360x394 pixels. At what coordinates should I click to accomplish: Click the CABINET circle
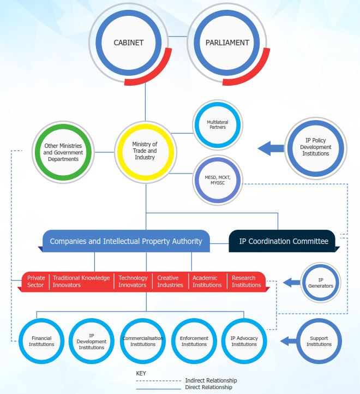pos(128,43)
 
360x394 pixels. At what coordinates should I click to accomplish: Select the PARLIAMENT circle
pos(227,43)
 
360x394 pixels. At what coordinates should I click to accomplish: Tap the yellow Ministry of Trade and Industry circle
pos(145,150)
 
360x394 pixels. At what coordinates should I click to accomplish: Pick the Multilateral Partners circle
pos(218,124)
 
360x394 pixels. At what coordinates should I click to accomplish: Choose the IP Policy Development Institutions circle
pos(316,147)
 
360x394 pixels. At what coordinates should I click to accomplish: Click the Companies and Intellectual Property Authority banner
pos(126,241)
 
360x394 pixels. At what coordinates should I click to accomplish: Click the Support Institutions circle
pos(319,341)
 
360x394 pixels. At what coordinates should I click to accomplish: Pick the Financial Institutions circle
pos(42,341)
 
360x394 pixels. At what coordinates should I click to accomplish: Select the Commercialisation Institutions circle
pos(143,341)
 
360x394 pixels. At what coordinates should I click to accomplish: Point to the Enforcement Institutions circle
pos(194,341)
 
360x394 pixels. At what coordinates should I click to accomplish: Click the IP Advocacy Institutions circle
pos(244,341)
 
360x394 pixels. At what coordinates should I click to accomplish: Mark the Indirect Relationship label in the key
pos(211,380)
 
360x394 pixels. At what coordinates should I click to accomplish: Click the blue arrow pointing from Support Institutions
pos(287,342)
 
